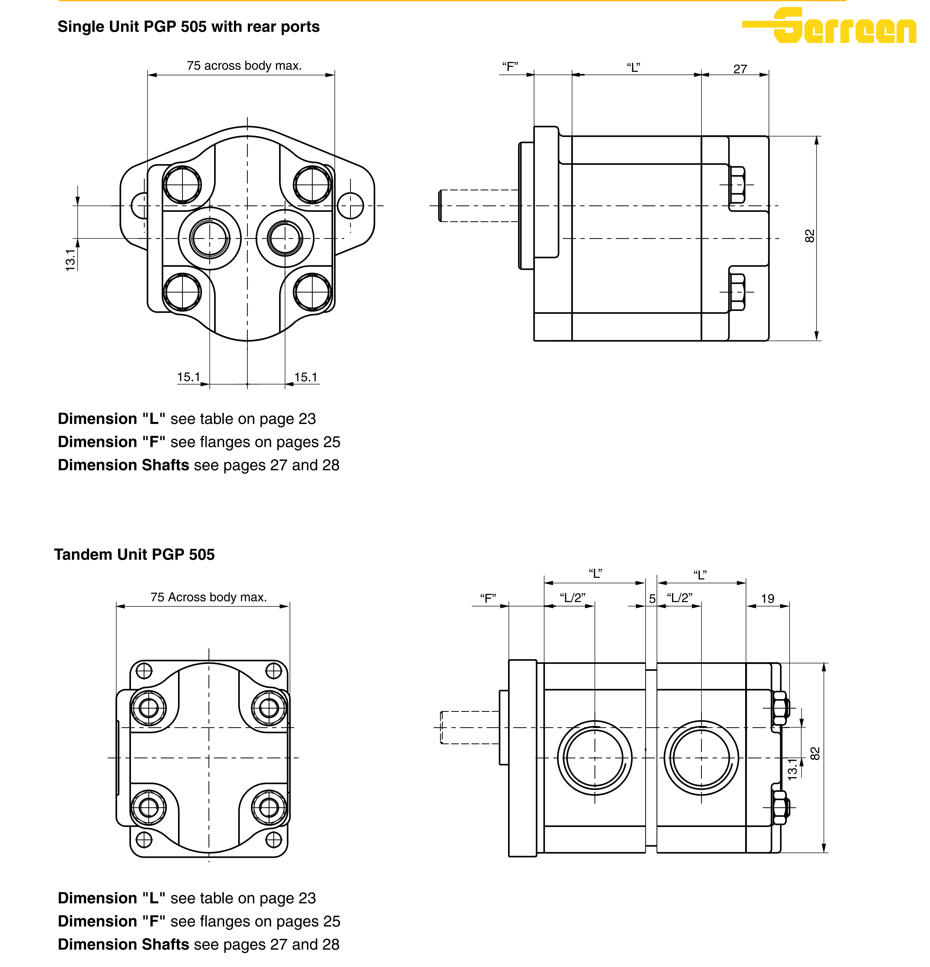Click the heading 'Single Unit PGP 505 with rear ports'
189,27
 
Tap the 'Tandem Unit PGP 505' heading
134,554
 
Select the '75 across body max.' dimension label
244,66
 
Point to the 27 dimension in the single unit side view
740,69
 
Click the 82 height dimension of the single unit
810,236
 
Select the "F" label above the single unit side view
510,66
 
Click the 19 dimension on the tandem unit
767,598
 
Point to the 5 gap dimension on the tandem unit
652,598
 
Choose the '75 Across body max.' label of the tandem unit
208,597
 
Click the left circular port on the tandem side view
595,757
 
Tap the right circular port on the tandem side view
701,757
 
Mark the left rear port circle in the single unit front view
210,238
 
